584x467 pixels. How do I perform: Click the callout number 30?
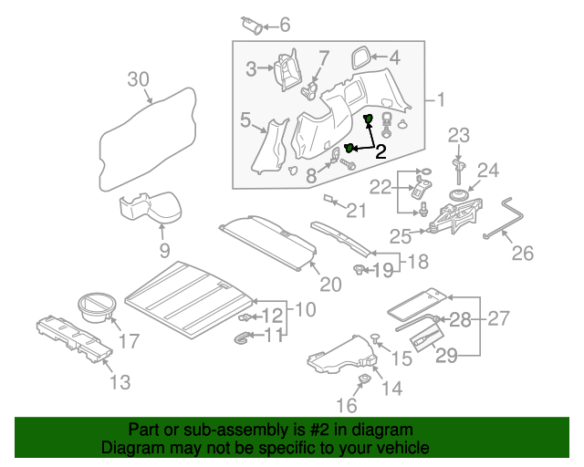[x=138, y=79]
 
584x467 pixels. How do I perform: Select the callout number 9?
[x=164, y=248]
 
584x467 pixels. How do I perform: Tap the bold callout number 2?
[x=381, y=151]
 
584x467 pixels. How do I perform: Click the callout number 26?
[x=522, y=253]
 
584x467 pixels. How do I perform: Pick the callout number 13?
[x=121, y=382]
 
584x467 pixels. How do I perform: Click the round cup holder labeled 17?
[x=94, y=306]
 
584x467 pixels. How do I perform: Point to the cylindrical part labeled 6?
[x=253, y=25]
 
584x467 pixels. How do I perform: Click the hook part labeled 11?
[x=241, y=339]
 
